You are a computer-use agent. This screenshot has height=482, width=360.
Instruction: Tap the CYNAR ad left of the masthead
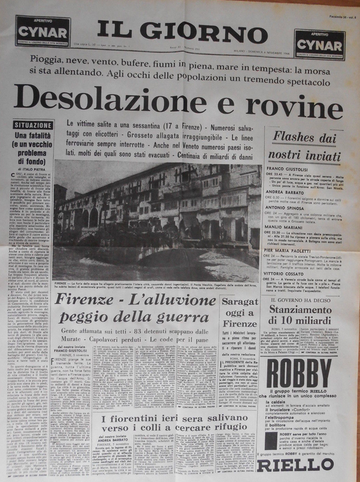(43, 32)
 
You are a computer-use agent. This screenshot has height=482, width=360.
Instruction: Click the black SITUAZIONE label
(33, 125)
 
